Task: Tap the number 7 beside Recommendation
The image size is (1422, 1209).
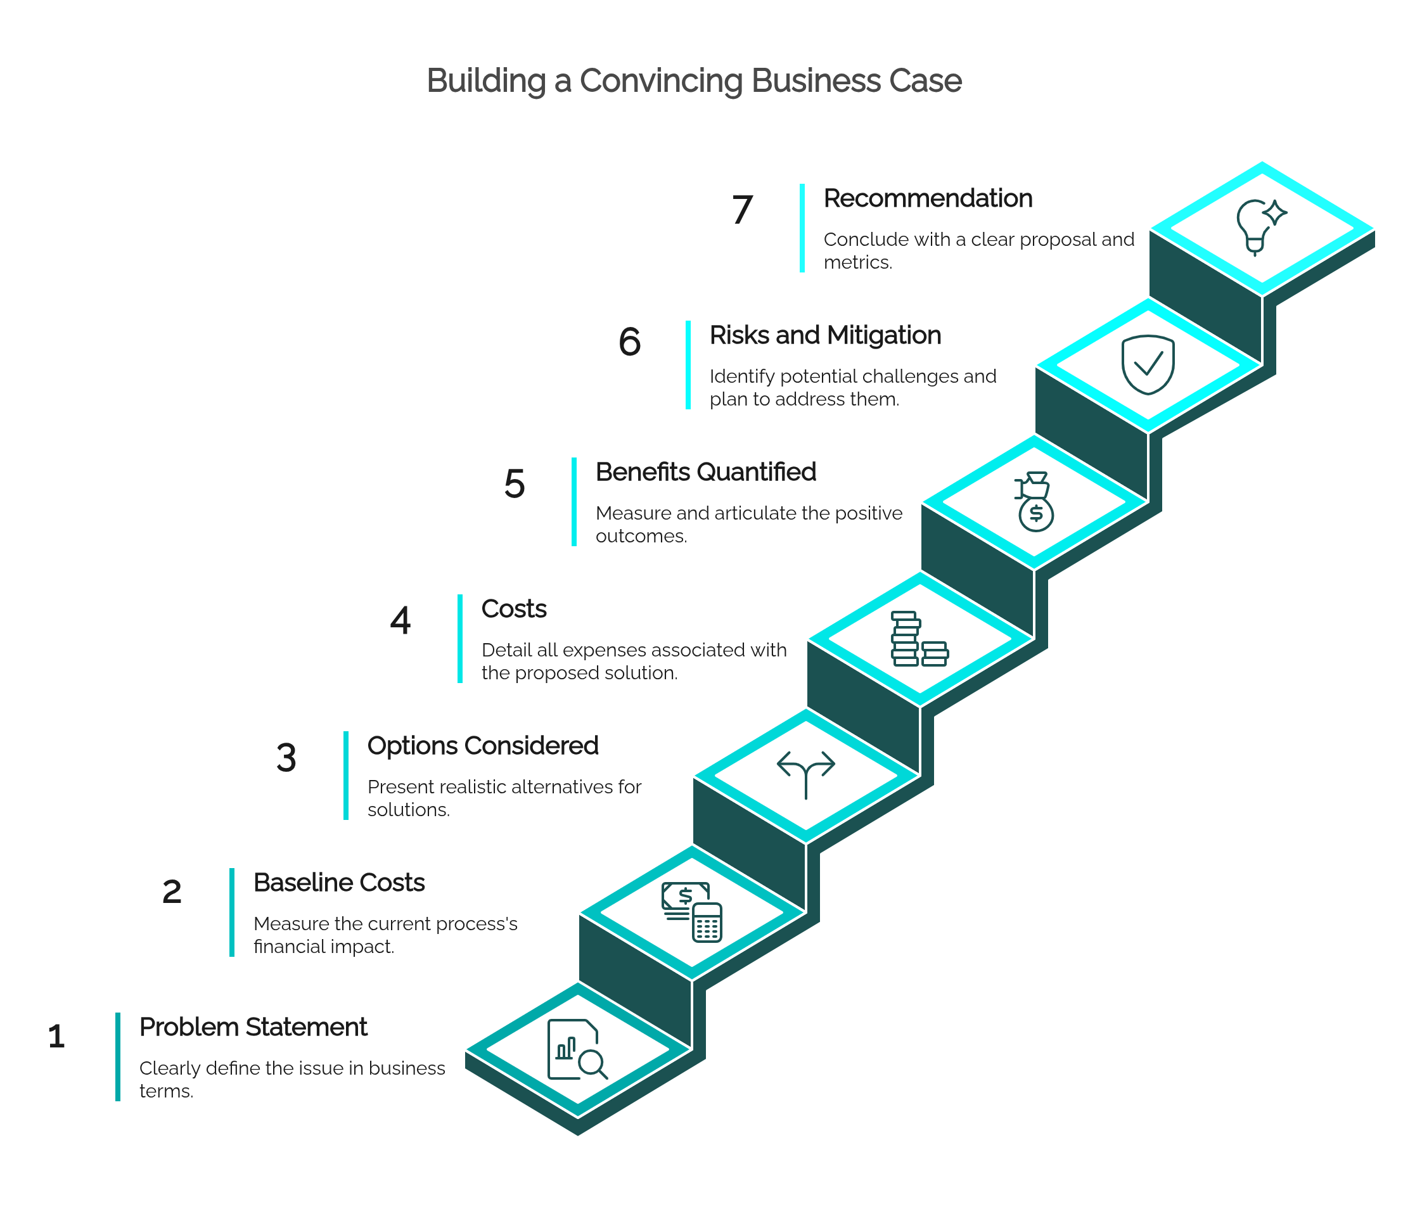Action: [742, 209]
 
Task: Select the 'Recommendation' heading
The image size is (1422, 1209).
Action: [927, 198]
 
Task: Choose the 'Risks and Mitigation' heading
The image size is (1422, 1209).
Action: [825, 335]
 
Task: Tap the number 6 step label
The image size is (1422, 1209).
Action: [630, 342]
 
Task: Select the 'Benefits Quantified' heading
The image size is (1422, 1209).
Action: [706, 472]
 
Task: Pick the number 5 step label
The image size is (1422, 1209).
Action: [515, 483]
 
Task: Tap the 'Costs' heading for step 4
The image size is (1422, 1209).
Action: [514, 608]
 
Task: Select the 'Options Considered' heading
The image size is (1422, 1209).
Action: [483, 746]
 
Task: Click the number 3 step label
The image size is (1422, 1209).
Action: [286, 757]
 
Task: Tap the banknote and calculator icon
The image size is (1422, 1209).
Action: [691, 912]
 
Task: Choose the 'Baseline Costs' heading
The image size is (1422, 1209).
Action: [339, 883]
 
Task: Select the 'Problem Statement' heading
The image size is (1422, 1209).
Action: [253, 1027]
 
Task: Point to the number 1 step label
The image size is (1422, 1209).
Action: [57, 1036]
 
